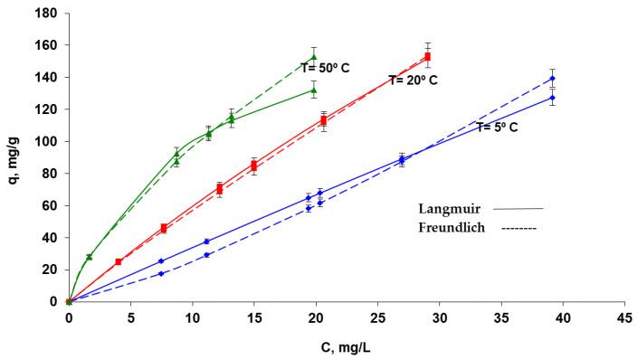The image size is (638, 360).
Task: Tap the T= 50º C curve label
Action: (x=332, y=66)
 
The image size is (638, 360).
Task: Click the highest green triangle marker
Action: (x=314, y=57)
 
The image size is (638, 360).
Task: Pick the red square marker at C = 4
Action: (x=119, y=261)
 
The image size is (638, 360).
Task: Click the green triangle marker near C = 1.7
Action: (x=89, y=257)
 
